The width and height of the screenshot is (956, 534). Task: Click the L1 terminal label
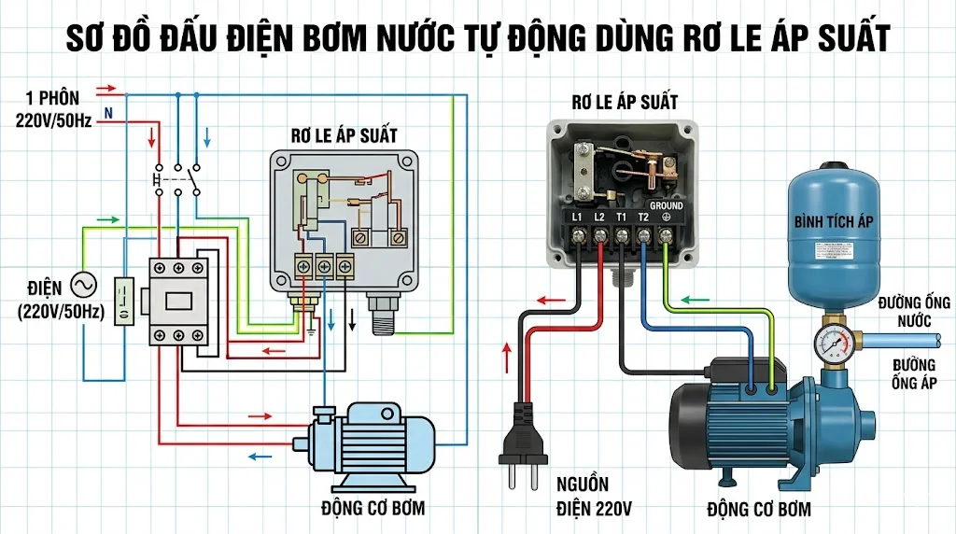coord(576,218)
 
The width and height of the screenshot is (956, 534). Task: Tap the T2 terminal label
coord(643,218)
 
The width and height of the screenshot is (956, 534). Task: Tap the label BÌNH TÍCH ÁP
coord(833,221)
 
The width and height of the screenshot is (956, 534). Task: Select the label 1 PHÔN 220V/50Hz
coord(53,107)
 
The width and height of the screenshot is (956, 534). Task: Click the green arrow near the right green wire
coord(696,301)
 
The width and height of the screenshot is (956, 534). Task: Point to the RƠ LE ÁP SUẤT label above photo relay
coord(625,101)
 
